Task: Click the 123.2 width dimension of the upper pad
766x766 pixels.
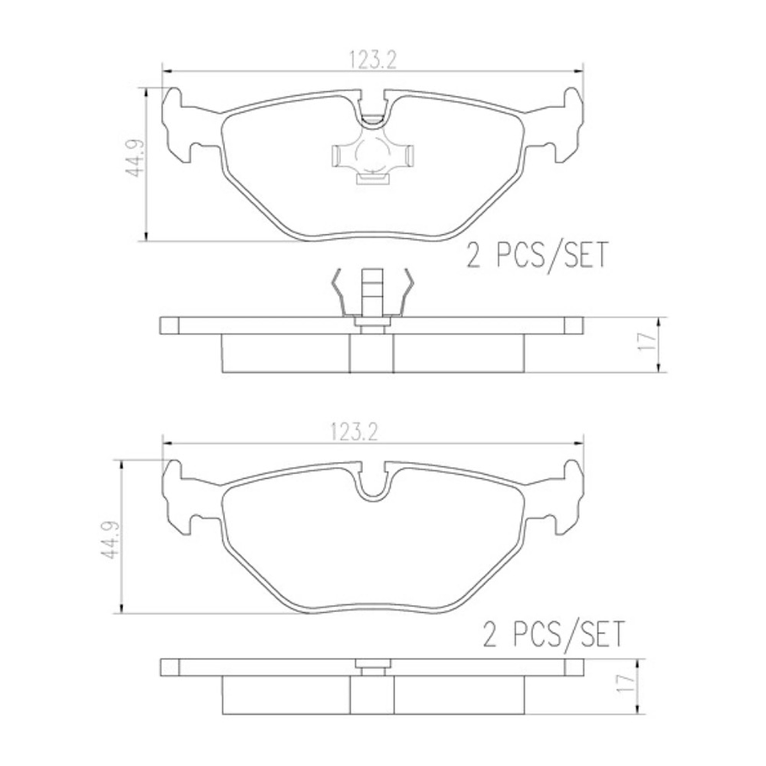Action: pos(371,59)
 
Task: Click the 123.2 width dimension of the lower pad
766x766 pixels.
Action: pos(371,431)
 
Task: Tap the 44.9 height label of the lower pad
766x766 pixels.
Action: pos(110,536)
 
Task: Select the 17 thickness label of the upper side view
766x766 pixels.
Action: pos(647,343)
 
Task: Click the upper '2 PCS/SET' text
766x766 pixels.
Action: pos(537,255)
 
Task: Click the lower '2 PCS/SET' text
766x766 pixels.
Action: pos(554,634)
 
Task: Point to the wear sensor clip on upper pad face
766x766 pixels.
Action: pos(371,156)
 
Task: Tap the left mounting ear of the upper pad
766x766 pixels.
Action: pos(179,125)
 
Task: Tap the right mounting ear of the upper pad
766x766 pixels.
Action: pos(564,125)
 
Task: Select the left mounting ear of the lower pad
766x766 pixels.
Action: pos(179,497)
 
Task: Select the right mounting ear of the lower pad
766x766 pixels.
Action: pos(564,497)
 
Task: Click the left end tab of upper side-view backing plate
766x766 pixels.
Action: pos(169,325)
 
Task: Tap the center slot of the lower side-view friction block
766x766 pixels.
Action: pos(371,695)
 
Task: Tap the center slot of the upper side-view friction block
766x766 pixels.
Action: pos(371,354)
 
